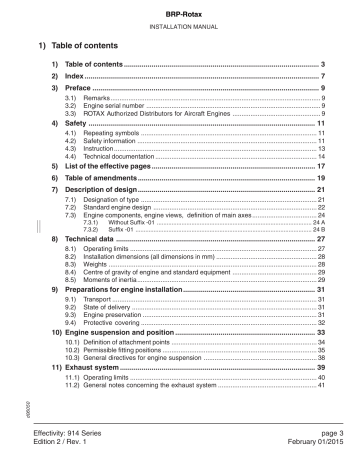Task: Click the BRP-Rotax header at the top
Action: coord(181,9)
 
